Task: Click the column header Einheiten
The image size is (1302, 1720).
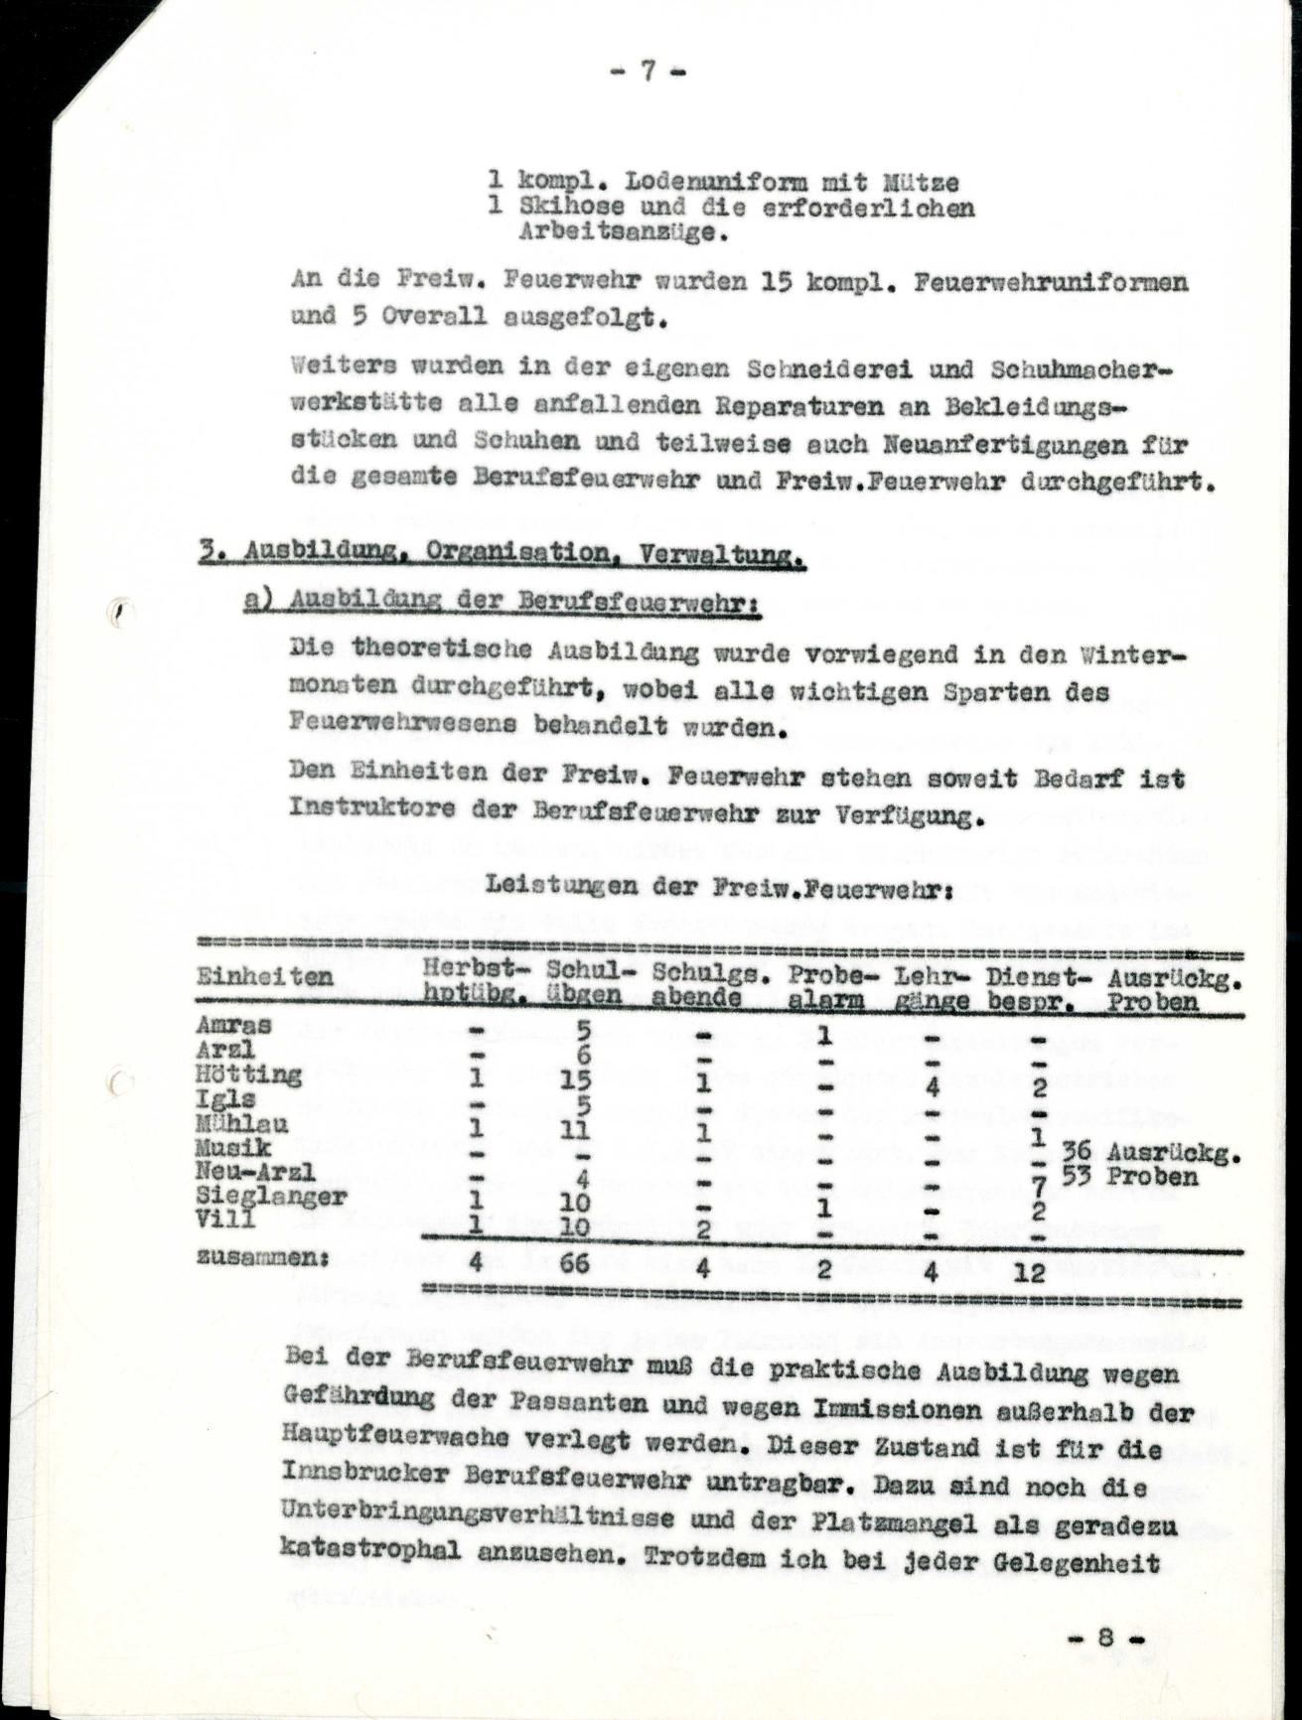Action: (264, 977)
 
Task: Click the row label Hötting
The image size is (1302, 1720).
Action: (248, 1075)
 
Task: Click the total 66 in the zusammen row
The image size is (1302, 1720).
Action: (574, 1263)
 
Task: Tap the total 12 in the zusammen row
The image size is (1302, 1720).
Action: (1030, 1271)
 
